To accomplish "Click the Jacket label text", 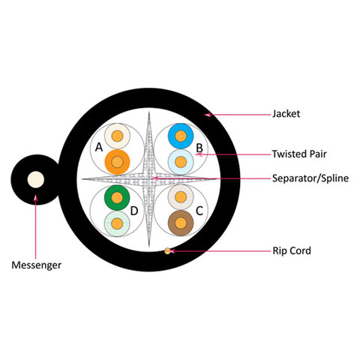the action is (286, 114).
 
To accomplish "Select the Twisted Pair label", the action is (299, 154).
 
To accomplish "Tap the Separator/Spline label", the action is (310, 178).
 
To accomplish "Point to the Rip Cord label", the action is (292, 250).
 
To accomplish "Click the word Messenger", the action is (37, 265).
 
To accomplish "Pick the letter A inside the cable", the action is (99, 147).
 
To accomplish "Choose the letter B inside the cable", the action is (199, 148).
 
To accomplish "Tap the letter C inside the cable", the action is (199, 211).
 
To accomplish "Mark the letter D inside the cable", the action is (134, 211).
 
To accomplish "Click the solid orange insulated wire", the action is (117, 162).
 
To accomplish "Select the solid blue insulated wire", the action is (181, 136).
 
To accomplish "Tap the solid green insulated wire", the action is (117, 198).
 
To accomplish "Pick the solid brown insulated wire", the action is (181, 223).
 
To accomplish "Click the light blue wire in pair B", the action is (181, 162).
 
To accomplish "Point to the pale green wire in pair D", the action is (117, 223).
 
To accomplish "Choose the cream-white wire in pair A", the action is (117, 136).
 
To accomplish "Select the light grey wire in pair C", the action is (181, 197).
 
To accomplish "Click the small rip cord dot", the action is (167, 250).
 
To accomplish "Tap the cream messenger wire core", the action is (36, 179).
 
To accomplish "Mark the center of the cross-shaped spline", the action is (149, 178).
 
